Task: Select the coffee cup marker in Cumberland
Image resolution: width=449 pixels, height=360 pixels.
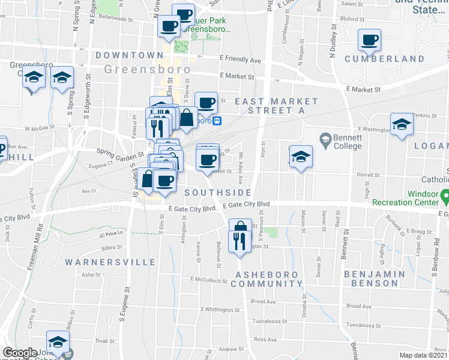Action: [x=369, y=40]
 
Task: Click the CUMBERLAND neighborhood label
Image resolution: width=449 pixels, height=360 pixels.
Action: [x=385, y=59]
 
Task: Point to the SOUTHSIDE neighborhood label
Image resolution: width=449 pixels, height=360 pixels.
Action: [x=218, y=192]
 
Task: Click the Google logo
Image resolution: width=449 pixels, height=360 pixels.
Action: [x=19, y=353]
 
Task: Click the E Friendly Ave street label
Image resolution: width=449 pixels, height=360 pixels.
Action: [x=241, y=60]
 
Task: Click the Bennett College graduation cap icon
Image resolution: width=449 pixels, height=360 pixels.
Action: [x=325, y=139]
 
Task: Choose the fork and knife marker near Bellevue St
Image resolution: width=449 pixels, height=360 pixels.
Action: [x=240, y=241]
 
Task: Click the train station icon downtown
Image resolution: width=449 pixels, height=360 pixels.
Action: [x=218, y=120]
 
